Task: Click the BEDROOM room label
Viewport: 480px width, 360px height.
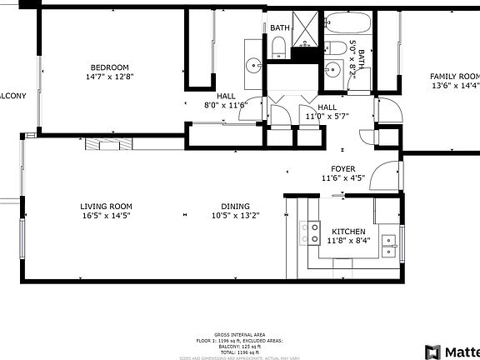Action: tap(108, 67)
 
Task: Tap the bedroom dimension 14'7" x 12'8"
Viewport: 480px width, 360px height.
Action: tap(109, 77)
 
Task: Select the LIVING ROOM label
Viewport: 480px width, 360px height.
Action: tap(106, 207)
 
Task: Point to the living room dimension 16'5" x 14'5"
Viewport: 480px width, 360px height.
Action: tap(106, 216)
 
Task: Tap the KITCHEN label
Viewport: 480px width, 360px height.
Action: tap(349, 232)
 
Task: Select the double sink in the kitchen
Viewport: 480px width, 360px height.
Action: tap(387, 243)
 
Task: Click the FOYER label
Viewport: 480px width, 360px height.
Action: tap(343, 168)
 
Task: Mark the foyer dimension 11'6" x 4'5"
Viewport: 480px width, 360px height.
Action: tap(343, 177)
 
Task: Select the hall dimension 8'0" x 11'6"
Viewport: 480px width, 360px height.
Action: tap(227, 105)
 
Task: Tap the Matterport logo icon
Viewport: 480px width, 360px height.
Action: tap(433, 352)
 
